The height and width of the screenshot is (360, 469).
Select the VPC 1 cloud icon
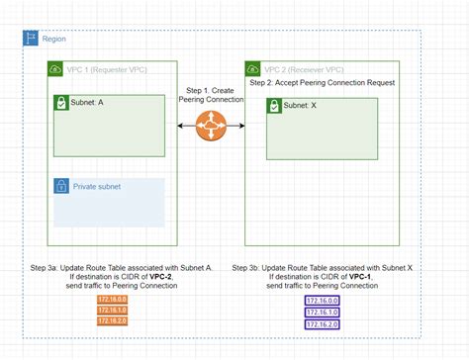(54, 69)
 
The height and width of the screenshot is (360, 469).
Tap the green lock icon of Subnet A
(61, 102)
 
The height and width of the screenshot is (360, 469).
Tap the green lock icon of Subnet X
(273, 106)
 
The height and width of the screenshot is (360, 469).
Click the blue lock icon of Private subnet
(61, 186)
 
